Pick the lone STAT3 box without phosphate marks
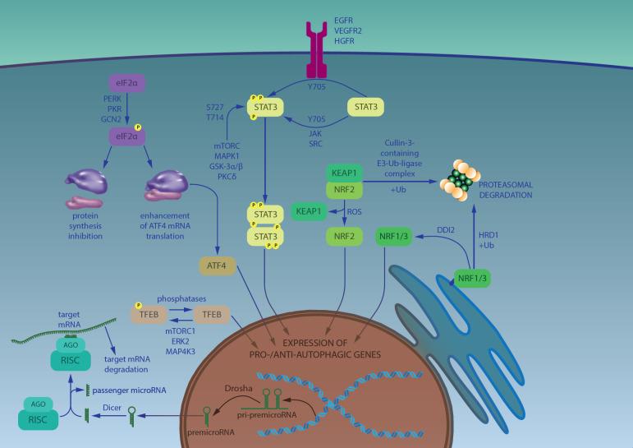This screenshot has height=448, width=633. (366, 107)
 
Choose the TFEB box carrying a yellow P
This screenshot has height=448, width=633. (151, 313)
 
